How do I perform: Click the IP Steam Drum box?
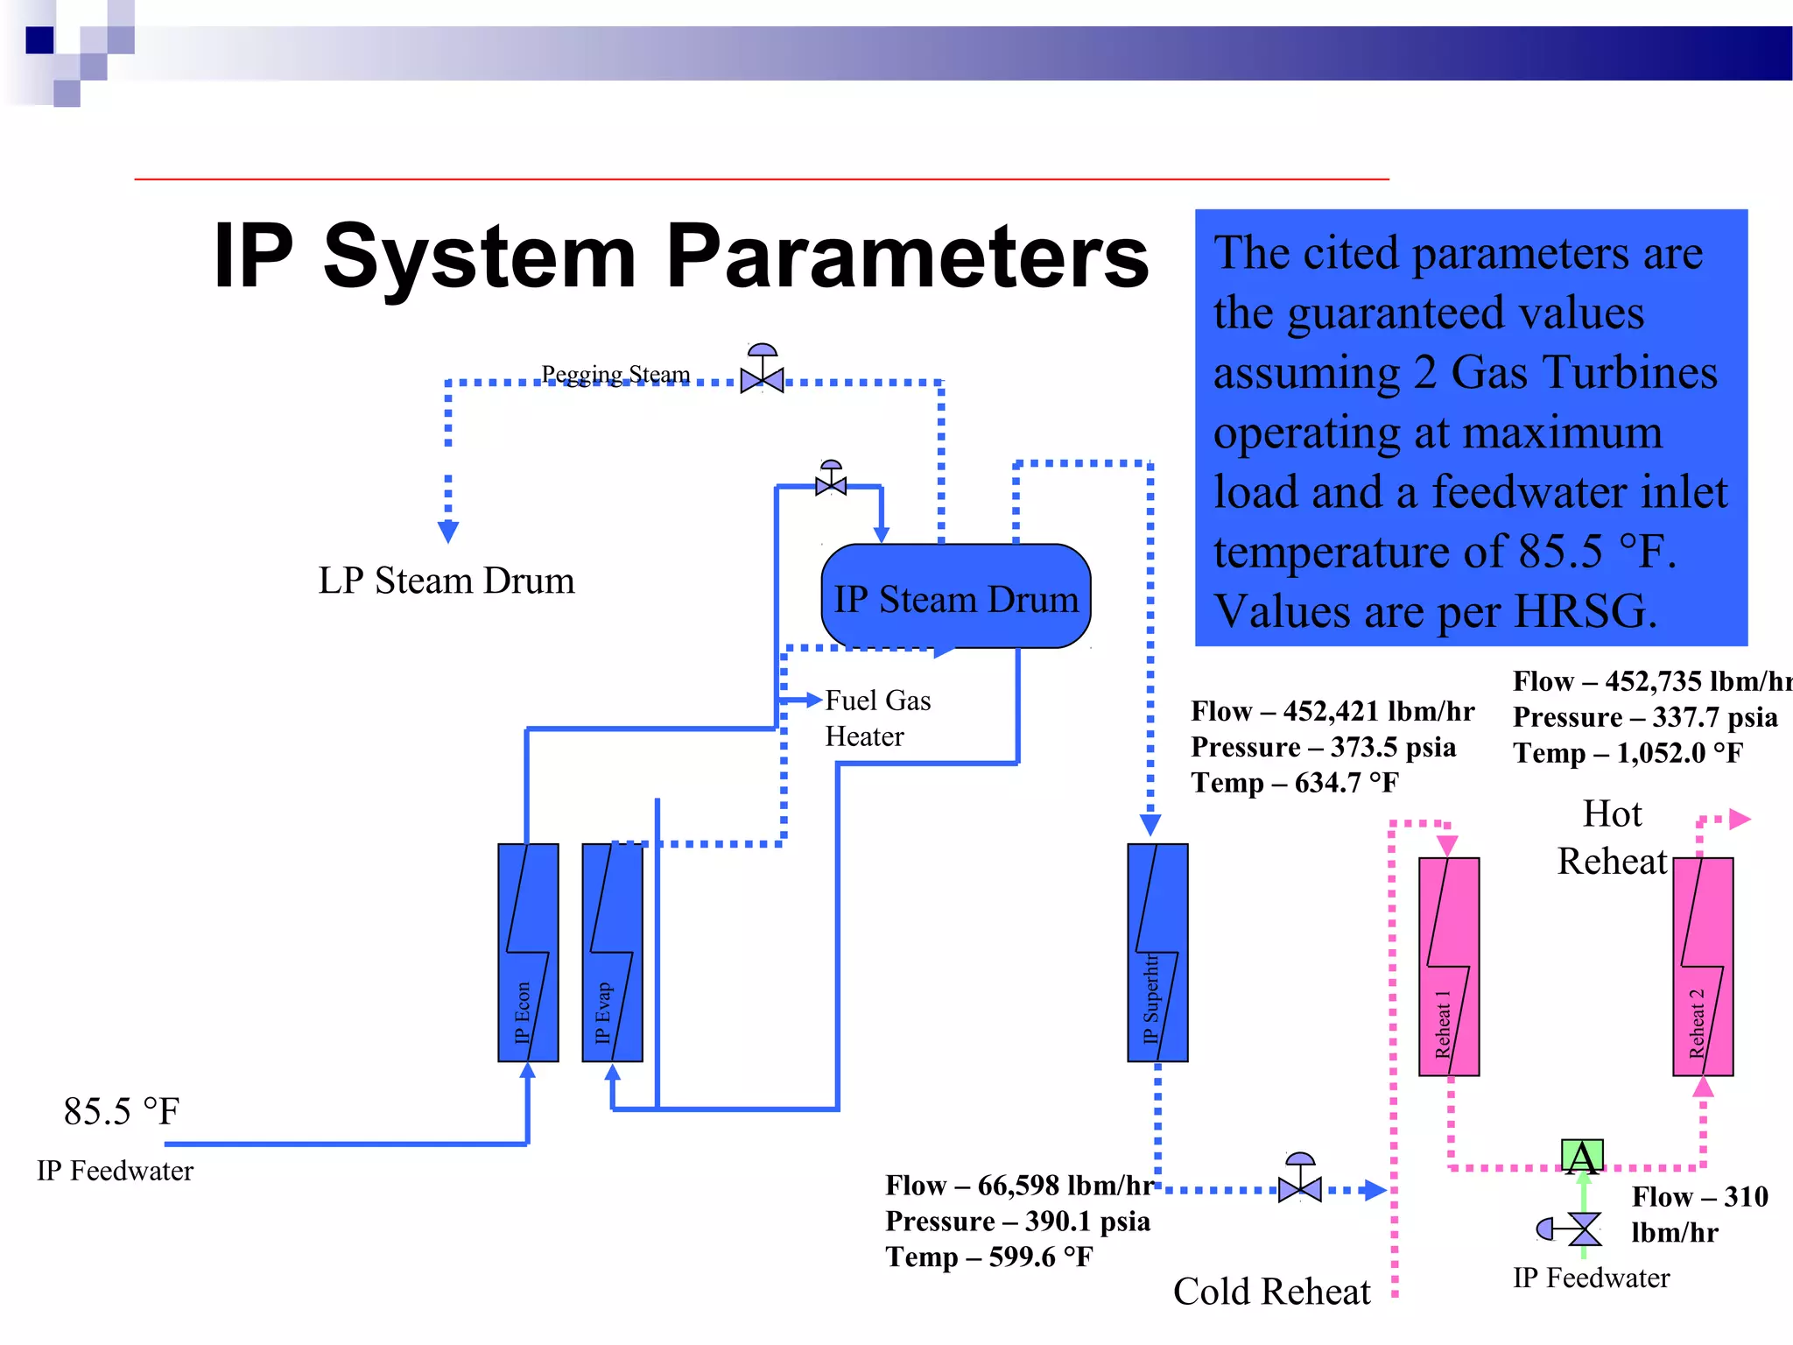(x=955, y=597)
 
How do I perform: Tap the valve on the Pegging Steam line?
(x=762, y=378)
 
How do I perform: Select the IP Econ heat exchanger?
(x=528, y=953)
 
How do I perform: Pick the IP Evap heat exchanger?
(x=612, y=953)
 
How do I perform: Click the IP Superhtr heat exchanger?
(x=1157, y=953)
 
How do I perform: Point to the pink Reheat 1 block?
(x=1449, y=967)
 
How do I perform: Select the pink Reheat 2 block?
(x=1703, y=967)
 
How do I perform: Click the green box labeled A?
(x=1582, y=1157)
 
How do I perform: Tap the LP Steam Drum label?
(x=446, y=581)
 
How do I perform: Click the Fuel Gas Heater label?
(x=877, y=718)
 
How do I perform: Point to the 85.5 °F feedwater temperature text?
(x=121, y=1112)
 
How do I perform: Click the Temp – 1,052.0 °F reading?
(x=1628, y=753)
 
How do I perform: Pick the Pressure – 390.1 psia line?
(x=1017, y=1221)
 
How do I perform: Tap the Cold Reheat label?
(x=1271, y=1292)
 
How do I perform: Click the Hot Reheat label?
(x=1612, y=838)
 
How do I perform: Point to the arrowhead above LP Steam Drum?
(x=448, y=532)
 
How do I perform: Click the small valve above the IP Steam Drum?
(x=831, y=482)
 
